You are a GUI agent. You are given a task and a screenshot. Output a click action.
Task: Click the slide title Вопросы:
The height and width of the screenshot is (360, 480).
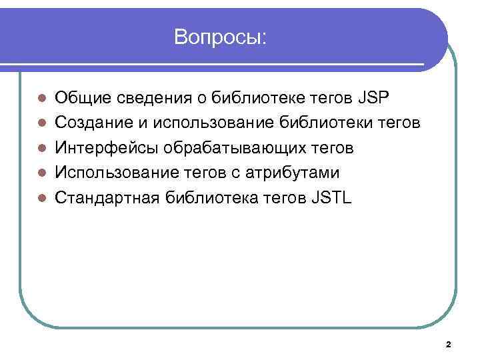pos(220,37)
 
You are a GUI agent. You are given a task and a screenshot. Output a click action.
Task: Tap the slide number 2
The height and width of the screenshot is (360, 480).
pos(448,345)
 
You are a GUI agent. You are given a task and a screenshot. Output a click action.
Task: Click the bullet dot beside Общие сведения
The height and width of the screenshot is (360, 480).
pos(42,99)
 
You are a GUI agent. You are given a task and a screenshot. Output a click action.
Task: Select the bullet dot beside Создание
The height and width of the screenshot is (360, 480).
pos(42,124)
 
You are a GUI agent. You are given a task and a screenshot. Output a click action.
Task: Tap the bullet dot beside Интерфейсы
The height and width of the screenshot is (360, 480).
pos(42,149)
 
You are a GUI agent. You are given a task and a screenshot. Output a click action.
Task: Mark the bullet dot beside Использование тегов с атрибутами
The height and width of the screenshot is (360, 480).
pos(42,173)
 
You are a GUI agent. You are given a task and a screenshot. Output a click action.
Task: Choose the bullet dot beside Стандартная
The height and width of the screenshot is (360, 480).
pos(42,199)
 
